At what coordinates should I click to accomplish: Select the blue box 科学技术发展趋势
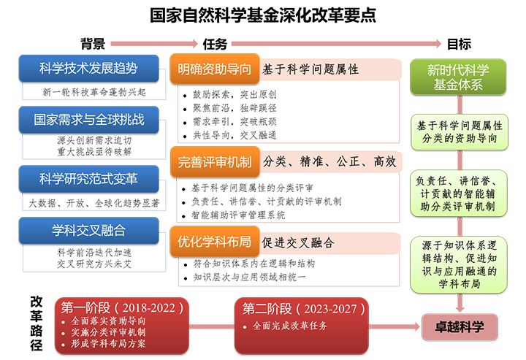tap(88, 69)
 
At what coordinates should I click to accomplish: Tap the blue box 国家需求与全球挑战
tap(88, 119)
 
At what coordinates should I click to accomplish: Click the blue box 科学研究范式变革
tap(88, 177)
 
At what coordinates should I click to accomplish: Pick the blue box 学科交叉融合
tap(88, 231)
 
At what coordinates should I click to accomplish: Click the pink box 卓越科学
tap(458, 326)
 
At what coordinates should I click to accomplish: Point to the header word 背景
tap(92, 43)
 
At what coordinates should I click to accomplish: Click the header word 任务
tap(215, 43)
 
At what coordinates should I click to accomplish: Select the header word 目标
tap(458, 43)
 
